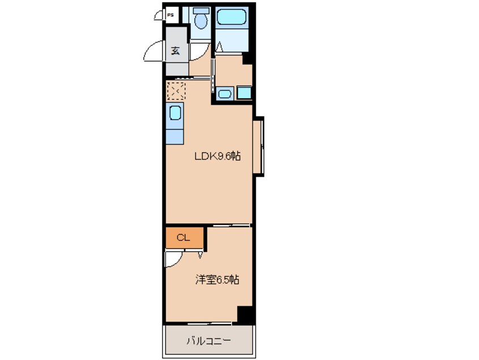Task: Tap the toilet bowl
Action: [200, 22]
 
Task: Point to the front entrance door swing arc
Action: [153, 53]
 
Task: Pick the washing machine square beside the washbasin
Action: [244, 93]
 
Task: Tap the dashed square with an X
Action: [176, 90]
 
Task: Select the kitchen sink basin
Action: [175, 113]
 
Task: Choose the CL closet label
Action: [182, 238]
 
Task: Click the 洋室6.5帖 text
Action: [217, 280]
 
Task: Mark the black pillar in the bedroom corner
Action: [245, 314]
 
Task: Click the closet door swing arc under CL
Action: [173, 258]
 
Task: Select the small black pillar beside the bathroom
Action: [246, 58]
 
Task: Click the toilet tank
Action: [199, 11]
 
